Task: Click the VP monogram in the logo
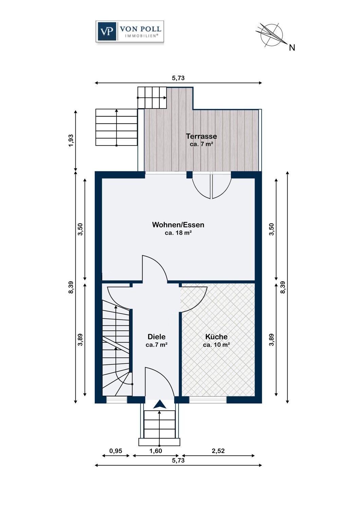point(106,32)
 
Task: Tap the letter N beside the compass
point(292,48)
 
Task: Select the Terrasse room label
point(201,136)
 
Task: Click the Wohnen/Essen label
point(178,225)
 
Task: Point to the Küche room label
point(216,337)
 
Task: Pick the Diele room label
point(157,337)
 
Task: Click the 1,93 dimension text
point(71,141)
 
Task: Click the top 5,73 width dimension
point(178,78)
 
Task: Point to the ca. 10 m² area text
point(216,345)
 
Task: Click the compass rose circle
point(272,35)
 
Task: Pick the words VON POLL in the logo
point(141,29)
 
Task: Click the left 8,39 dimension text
point(71,287)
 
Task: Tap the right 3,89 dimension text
point(271,340)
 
